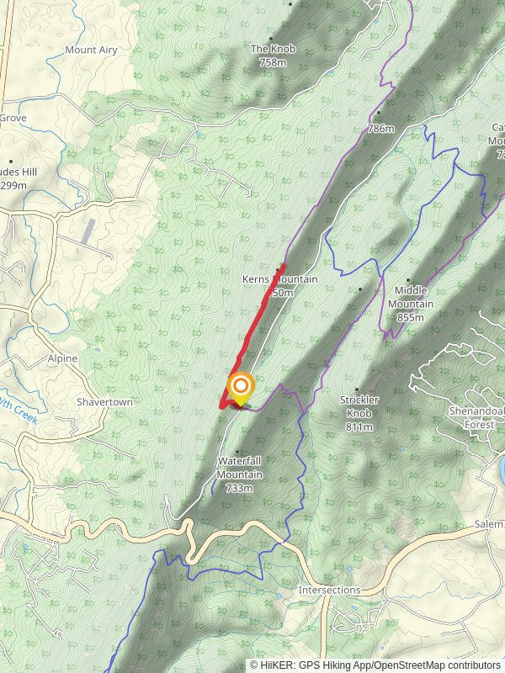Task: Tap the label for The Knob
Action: (x=273, y=50)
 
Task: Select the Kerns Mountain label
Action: (x=280, y=279)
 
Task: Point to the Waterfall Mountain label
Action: (x=240, y=468)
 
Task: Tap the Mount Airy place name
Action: (x=91, y=50)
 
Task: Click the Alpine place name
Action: (x=62, y=358)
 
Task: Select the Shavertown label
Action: (x=104, y=402)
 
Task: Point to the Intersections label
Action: (x=330, y=591)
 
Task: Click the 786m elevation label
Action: (x=380, y=129)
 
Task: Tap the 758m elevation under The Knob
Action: (x=273, y=62)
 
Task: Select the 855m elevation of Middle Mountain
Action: (x=410, y=318)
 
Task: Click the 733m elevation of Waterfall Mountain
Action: (x=240, y=488)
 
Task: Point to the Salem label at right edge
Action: (x=488, y=524)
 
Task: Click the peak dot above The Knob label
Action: (x=272, y=38)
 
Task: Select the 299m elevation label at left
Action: (x=12, y=185)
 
